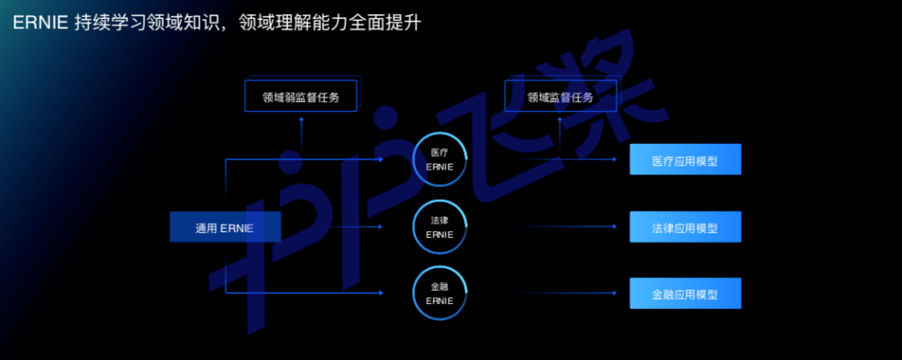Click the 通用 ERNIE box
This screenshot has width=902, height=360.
click(225, 227)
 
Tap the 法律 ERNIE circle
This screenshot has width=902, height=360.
click(439, 227)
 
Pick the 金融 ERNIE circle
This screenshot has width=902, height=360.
click(439, 294)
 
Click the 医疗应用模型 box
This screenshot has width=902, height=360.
click(685, 160)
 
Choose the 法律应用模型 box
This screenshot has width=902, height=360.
click(685, 226)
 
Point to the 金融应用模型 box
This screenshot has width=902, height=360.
click(685, 294)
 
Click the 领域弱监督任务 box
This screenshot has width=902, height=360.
click(302, 97)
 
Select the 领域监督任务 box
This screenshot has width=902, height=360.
click(560, 97)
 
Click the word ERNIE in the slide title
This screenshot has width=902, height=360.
click(39, 23)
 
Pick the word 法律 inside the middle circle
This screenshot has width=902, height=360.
click(439, 221)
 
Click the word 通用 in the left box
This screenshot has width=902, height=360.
click(205, 228)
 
